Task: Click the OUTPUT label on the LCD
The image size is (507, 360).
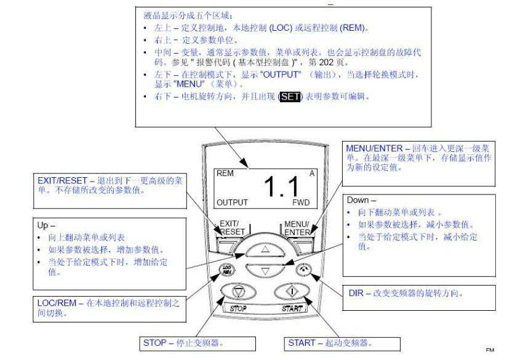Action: click(x=232, y=202)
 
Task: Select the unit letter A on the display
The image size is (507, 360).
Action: click(x=312, y=174)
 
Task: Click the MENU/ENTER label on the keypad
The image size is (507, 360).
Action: click(x=297, y=228)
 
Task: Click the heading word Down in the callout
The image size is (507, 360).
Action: click(x=357, y=200)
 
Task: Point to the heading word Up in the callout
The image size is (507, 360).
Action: click(x=42, y=225)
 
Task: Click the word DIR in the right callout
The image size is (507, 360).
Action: click(x=356, y=293)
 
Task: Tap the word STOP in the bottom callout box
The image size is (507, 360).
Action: click(x=154, y=343)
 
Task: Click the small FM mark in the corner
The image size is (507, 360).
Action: click(x=490, y=350)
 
